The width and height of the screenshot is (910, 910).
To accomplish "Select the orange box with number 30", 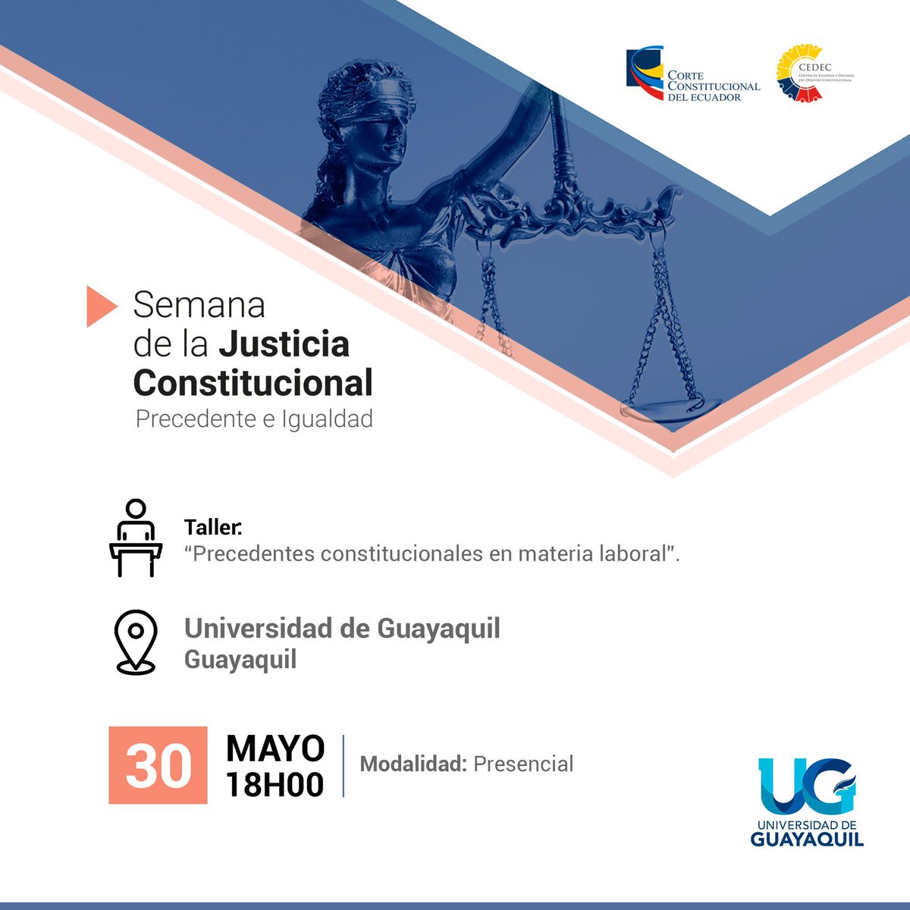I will coord(158,765).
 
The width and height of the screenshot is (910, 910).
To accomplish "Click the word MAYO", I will coord(275,748).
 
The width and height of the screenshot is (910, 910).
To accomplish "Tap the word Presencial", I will coord(523,764).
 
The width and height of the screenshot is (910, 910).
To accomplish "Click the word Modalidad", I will coord(413,764).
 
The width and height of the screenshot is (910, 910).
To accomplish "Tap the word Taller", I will coord(212,527).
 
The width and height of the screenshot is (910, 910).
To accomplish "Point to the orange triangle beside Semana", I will coord(100,306).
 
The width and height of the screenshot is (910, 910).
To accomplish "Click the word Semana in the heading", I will coord(199,305).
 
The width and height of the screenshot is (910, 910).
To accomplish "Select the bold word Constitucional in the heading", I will coord(253,383).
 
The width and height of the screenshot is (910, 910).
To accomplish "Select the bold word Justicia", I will coord(284,344).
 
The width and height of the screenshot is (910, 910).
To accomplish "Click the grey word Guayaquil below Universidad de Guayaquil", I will coord(240,659).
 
